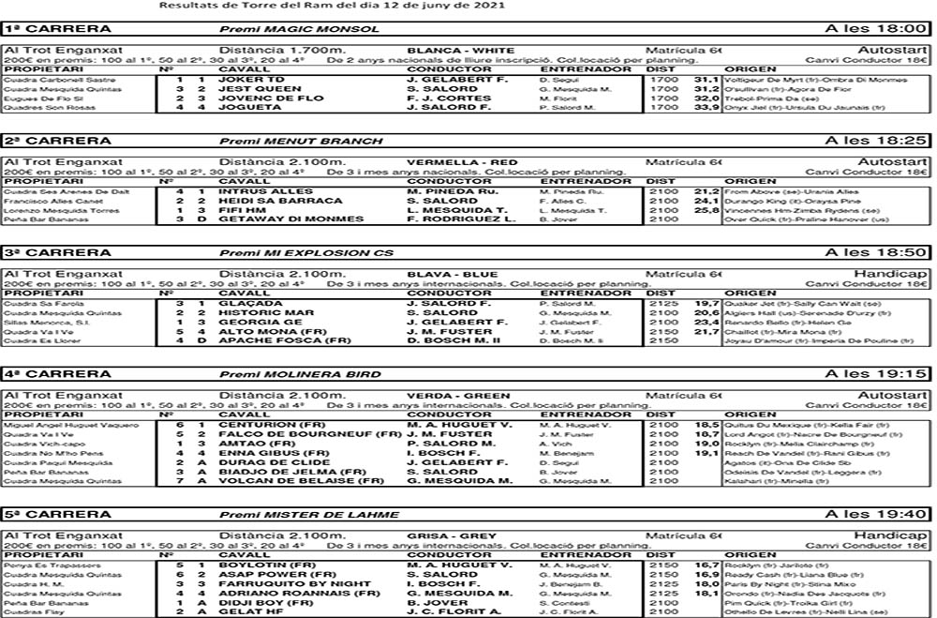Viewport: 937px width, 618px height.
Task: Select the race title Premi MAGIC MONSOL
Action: coord(299,30)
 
